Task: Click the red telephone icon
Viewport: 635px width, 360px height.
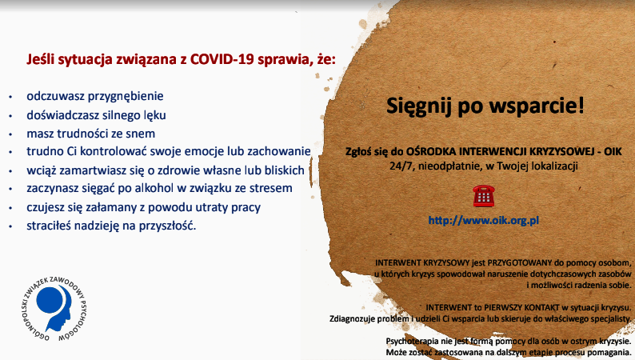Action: tap(484, 196)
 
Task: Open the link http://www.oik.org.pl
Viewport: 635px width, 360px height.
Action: tap(484, 221)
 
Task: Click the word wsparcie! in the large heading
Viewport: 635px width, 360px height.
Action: tap(537, 106)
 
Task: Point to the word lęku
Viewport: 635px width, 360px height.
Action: tap(154, 115)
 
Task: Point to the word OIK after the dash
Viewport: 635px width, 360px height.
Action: tap(613, 151)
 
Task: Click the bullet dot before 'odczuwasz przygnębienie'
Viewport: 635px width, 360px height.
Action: tap(10, 97)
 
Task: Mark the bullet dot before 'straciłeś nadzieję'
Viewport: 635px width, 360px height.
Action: tap(10, 226)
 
